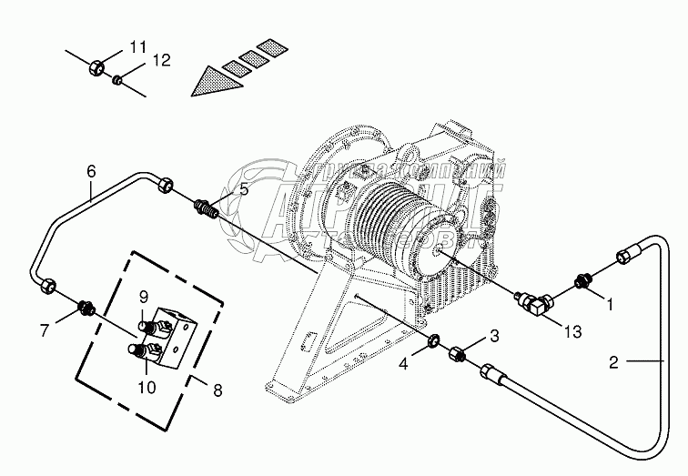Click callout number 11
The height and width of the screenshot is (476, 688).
pyautogui.click(x=137, y=46)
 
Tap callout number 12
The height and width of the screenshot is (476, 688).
pyautogui.click(x=161, y=61)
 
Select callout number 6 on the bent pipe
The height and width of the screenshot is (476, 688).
pyautogui.click(x=90, y=170)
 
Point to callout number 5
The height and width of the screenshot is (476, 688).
pyautogui.click(x=243, y=189)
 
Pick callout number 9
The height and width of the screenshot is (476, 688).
pyautogui.click(x=143, y=296)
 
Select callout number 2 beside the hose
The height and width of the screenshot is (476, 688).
pyautogui.click(x=614, y=362)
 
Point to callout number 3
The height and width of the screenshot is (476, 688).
pyautogui.click(x=495, y=337)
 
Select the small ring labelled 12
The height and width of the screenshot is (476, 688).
pyautogui.click(x=117, y=80)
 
